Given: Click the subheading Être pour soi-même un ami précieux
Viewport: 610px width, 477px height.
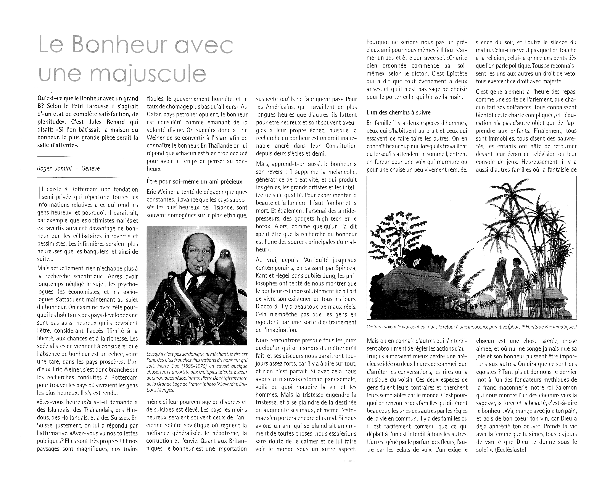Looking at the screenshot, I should (x=195, y=182).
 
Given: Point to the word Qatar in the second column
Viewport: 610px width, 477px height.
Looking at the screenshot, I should (x=154, y=114).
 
